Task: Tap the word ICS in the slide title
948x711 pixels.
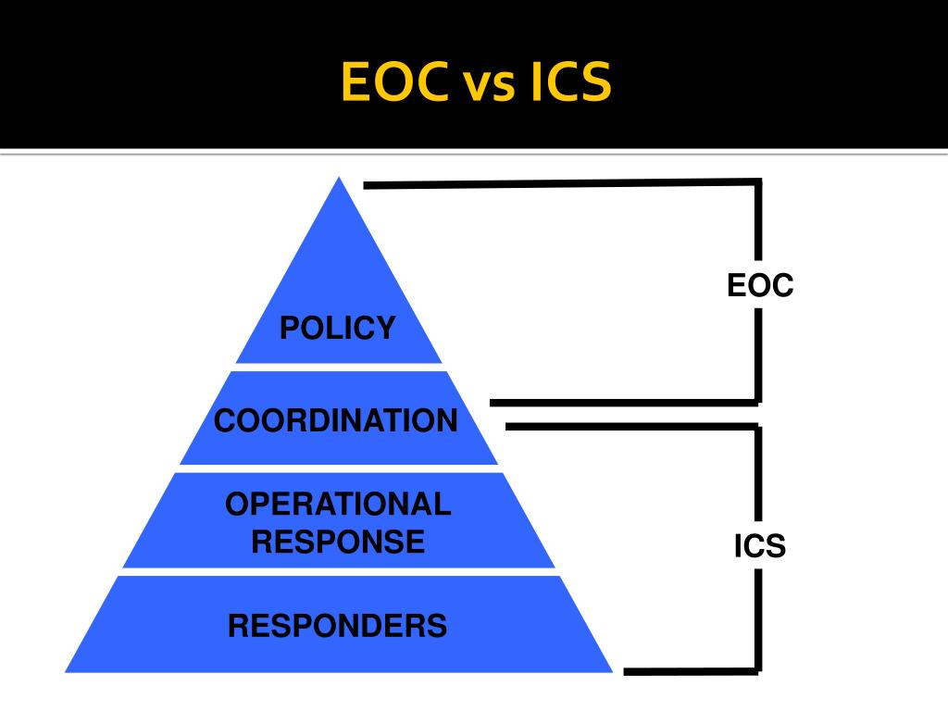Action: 570,82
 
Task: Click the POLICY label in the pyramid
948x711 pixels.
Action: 338,327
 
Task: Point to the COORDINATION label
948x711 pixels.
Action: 336,421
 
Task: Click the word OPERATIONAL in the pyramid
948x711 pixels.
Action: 339,505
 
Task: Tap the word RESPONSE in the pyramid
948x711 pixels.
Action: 339,541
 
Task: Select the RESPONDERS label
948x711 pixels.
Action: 338,626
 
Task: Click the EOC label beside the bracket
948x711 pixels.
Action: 760,285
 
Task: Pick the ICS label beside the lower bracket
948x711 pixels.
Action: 760,546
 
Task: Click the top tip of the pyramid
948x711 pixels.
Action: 339,181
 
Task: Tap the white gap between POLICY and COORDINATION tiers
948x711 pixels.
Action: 339,367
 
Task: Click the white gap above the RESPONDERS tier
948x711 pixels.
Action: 339,571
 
